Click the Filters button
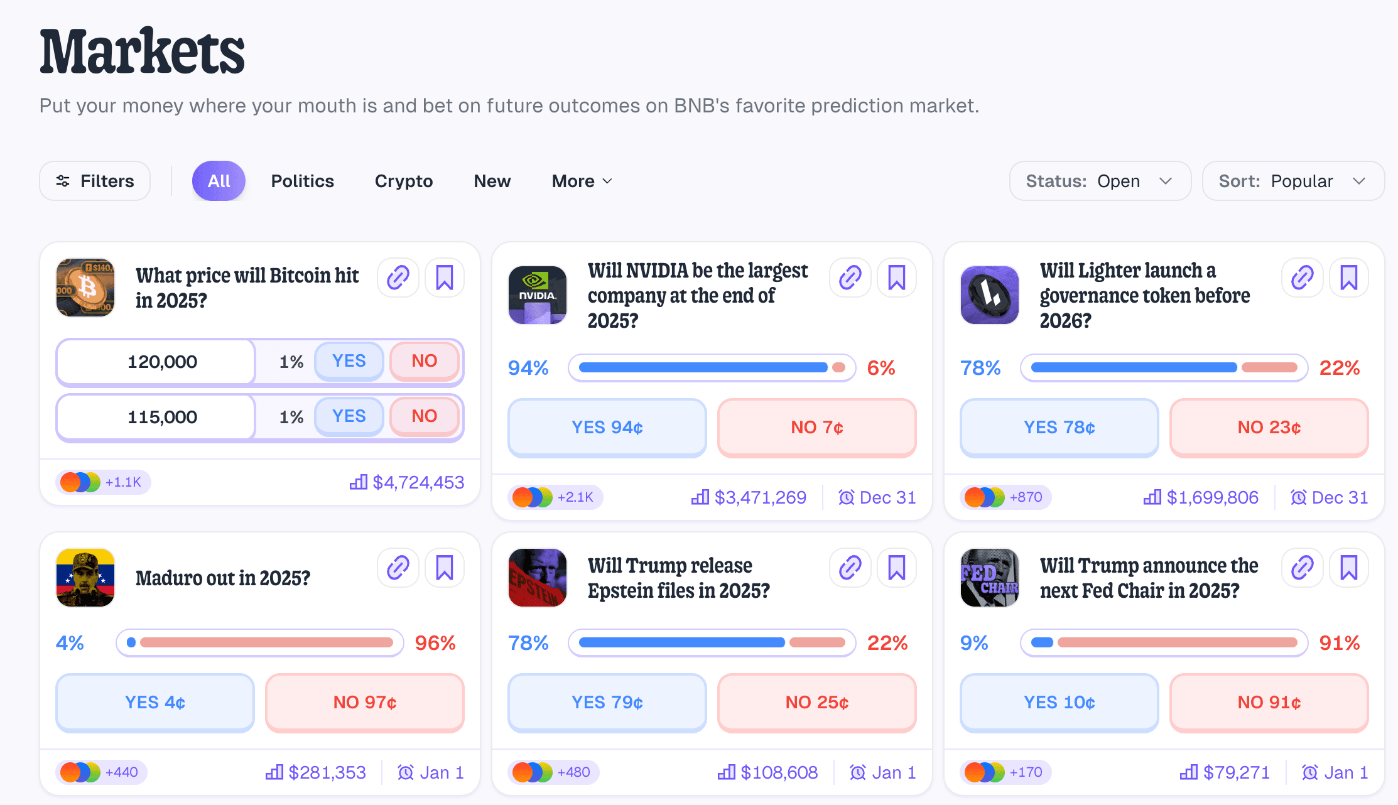95,181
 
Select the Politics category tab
302,181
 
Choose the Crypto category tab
404,181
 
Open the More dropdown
582,181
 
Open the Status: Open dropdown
1100,181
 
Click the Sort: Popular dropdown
1292,181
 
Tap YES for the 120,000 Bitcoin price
349,361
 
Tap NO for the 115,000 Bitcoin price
425,416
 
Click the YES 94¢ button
607,428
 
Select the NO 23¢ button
1269,428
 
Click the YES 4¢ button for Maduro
155,703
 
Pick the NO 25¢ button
816,703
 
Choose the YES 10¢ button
1059,703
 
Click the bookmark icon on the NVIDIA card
896,278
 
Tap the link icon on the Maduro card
398,568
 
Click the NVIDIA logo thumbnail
538,294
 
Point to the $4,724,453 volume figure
418,482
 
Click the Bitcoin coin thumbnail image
85,288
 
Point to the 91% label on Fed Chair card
1339,643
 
